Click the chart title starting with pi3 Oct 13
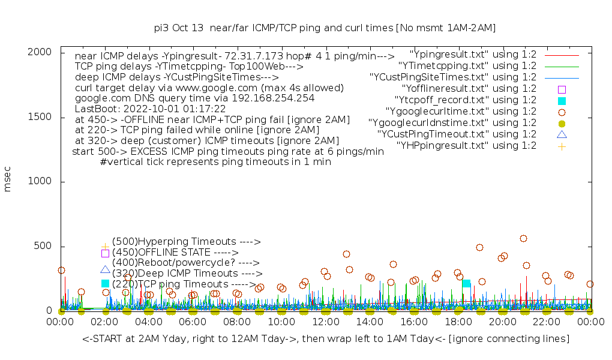point(325,28)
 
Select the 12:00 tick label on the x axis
point(326,323)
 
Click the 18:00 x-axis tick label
point(458,323)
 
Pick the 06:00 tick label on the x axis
point(193,323)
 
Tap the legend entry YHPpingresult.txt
point(466,146)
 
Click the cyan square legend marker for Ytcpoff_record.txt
point(562,100)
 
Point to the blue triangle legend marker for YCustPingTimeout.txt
point(562,134)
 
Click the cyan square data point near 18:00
point(466,283)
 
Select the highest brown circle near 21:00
point(523,238)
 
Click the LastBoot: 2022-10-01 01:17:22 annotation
point(150,109)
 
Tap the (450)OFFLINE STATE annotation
point(175,253)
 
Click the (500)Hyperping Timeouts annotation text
point(186,242)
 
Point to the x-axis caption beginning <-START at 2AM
point(326,339)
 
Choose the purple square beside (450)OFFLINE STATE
point(105,253)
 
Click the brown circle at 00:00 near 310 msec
point(61,270)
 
